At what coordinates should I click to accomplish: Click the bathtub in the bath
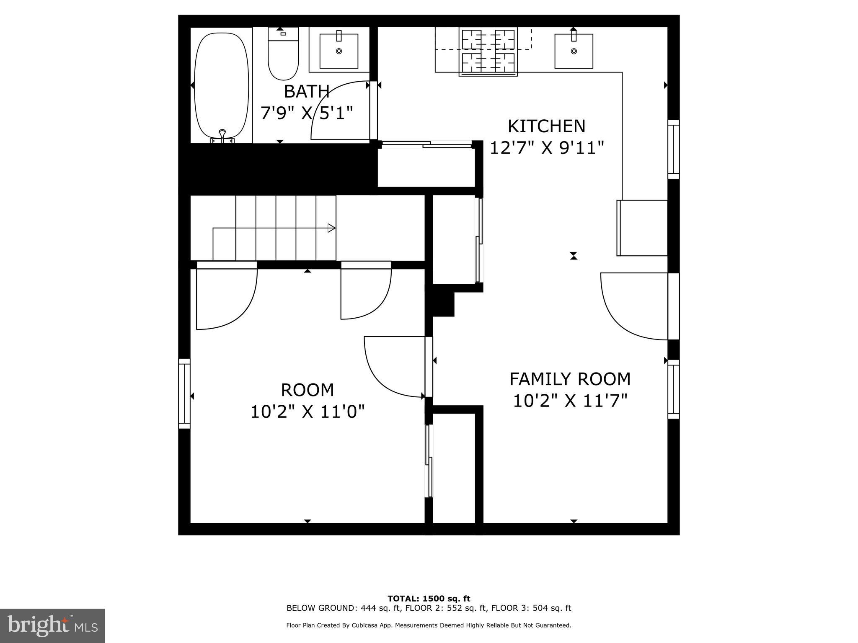pos(222,85)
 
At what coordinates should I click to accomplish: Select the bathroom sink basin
pos(339,51)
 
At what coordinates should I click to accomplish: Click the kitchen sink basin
pos(574,51)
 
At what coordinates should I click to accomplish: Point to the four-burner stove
pos(488,51)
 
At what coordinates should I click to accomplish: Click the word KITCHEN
pos(546,126)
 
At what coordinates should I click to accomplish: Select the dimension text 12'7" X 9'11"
pos(546,148)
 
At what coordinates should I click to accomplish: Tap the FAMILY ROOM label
pos(570,379)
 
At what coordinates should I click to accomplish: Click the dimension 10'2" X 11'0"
pos(308,412)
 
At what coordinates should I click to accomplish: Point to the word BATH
pos(307,91)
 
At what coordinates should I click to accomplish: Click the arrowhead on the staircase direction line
pos(331,228)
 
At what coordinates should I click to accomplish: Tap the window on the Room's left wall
pos(184,394)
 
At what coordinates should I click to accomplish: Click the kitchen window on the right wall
pos(673,149)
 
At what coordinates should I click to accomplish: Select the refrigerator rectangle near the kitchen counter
pos(642,228)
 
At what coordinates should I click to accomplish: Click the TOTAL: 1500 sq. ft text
pos(429,599)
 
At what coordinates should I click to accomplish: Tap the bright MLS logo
pos(52,625)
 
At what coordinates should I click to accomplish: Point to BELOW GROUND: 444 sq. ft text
pos(340,608)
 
